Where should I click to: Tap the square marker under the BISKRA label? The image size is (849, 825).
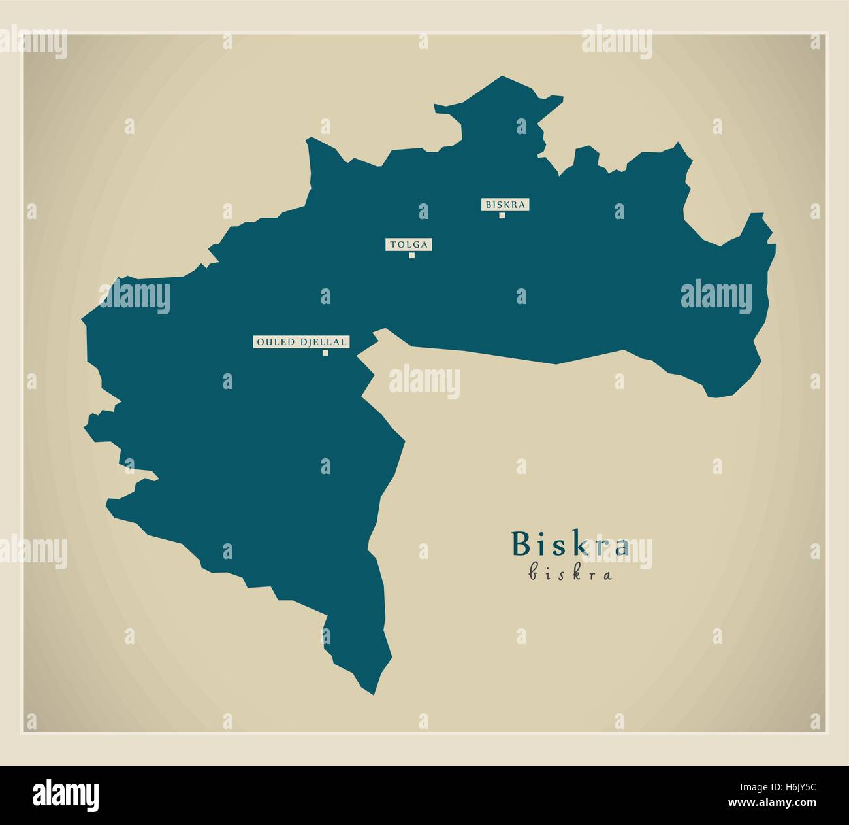(502, 216)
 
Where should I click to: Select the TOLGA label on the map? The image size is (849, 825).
(409, 244)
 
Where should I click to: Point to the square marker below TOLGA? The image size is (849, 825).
(411, 256)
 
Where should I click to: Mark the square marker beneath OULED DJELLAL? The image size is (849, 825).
(325, 353)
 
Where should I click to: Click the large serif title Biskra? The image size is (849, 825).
(570, 545)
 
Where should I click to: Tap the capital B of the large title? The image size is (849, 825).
(521, 544)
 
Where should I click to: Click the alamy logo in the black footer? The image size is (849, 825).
(66, 794)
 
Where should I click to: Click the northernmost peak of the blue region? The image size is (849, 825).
(502, 78)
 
